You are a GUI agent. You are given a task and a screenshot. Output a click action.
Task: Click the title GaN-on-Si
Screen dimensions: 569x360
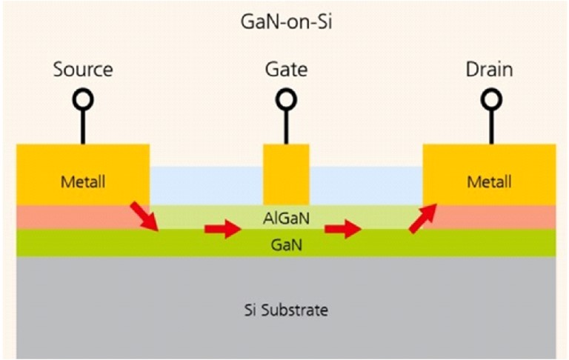pos(286,21)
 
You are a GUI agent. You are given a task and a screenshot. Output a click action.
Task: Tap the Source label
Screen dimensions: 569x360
pos(83,70)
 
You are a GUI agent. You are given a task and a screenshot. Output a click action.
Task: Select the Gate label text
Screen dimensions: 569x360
pos(286,70)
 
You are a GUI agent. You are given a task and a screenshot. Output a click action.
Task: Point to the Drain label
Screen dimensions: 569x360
pos(489,70)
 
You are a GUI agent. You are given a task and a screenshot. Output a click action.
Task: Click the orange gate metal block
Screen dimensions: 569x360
pos(286,175)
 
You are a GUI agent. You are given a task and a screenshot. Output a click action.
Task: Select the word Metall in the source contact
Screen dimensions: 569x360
pos(83,181)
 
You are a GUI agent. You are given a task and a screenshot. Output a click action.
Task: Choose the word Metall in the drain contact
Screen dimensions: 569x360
pos(489,181)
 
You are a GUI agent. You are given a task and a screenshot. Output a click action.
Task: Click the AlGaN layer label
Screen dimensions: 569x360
pos(286,219)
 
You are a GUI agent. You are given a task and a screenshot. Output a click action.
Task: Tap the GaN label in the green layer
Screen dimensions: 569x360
pos(286,245)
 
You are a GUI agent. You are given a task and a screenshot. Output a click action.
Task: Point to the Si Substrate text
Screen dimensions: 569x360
pos(286,310)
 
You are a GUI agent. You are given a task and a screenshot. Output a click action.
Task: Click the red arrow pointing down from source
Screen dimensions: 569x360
pos(144,216)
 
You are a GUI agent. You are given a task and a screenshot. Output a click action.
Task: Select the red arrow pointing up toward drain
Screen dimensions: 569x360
pos(423,218)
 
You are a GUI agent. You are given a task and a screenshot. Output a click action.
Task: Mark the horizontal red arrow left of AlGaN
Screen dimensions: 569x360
pos(223,229)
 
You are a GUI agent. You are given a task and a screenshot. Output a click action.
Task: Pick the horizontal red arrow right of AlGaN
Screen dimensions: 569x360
pos(343,229)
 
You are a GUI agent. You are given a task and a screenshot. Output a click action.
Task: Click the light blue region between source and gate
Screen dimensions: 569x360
pos(207,186)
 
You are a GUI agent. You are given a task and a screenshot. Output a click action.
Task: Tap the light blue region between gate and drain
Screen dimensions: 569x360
pos(366,186)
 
